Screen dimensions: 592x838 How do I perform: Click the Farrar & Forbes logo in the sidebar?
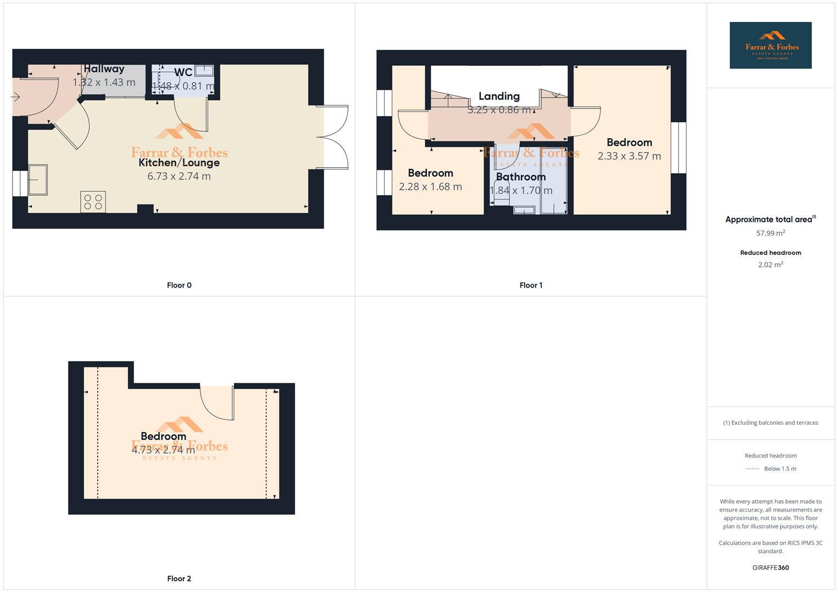[770, 45]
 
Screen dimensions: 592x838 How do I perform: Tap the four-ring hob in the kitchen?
[93, 202]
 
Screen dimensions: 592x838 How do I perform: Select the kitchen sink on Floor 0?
[38, 179]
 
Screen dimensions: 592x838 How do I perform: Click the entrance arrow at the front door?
[15, 97]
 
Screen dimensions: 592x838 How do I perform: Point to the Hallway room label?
[104, 69]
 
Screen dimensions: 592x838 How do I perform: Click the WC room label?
[183, 72]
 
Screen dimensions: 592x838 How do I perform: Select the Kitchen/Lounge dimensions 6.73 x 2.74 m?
[179, 176]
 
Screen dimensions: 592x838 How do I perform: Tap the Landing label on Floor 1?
[499, 96]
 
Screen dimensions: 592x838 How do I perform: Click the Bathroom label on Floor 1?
[521, 177]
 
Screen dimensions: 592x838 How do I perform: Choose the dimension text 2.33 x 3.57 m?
[629, 156]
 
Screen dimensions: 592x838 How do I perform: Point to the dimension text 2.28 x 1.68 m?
[430, 187]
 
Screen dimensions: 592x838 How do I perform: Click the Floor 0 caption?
[179, 285]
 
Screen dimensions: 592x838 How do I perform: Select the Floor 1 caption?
[531, 285]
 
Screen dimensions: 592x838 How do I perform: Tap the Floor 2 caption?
[179, 578]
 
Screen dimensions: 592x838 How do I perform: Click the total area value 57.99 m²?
[770, 233]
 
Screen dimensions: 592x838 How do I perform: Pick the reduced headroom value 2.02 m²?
[770, 265]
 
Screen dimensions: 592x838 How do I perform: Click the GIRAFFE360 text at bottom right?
[770, 568]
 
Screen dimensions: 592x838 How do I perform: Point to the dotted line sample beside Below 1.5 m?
[752, 469]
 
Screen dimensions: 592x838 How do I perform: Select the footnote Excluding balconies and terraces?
[770, 423]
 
